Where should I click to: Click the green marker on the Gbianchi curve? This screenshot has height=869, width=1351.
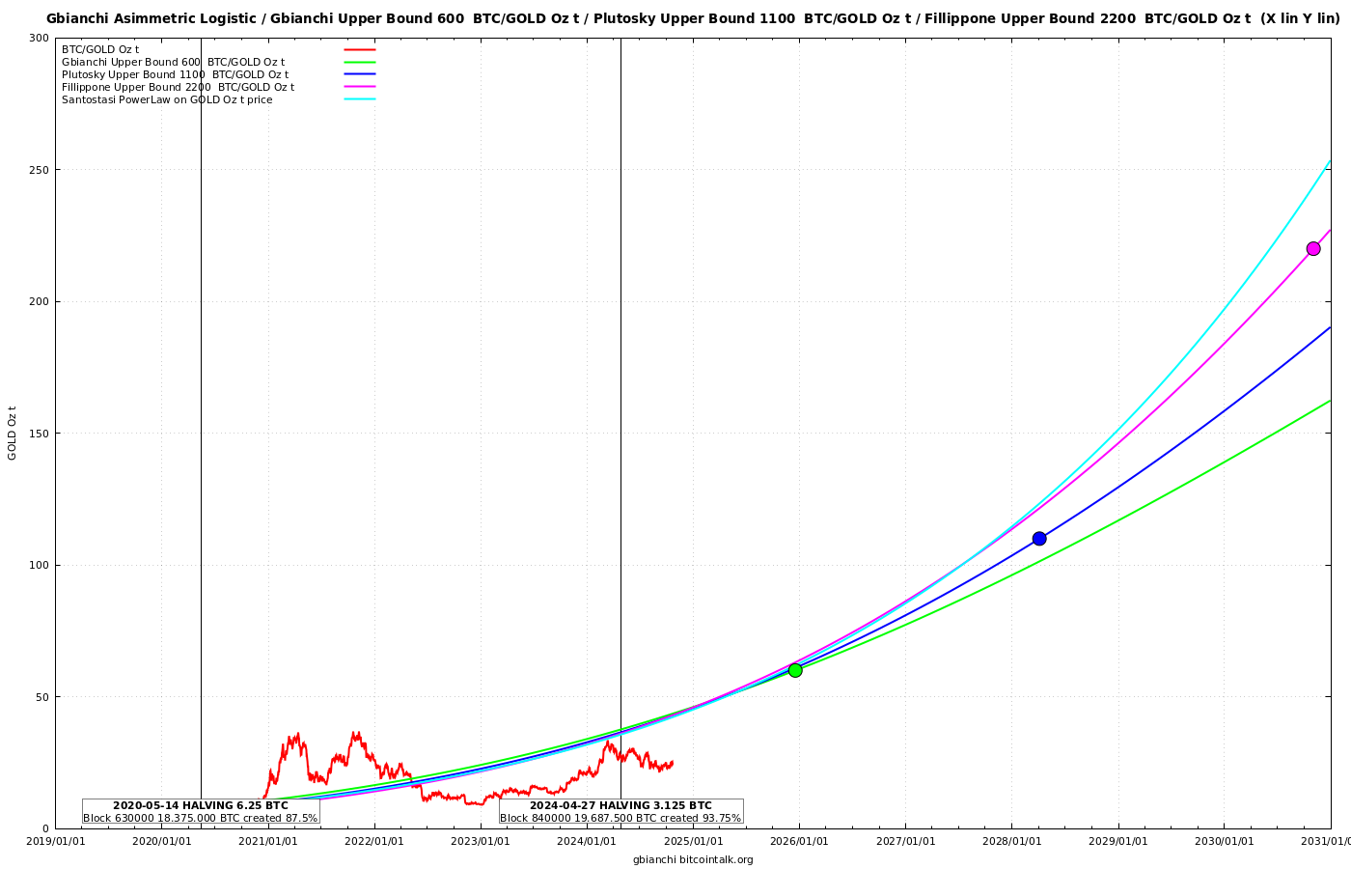(795, 670)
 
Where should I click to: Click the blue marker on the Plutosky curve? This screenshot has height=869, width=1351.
(1039, 539)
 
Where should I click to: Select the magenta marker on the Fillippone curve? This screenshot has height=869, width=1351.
(1313, 248)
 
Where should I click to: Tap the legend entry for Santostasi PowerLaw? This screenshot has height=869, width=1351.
(167, 99)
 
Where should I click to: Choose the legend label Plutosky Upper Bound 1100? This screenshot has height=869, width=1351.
(175, 74)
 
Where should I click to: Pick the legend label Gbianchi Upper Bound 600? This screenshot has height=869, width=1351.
(173, 62)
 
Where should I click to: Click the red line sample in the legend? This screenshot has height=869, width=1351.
(360, 49)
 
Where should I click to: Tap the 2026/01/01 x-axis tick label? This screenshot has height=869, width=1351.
(799, 841)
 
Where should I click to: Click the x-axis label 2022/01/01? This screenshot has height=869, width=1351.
(374, 841)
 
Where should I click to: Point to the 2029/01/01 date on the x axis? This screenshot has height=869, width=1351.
(1118, 841)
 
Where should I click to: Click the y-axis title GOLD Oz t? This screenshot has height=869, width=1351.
(13, 434)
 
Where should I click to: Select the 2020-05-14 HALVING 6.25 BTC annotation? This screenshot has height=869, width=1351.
(201, 805)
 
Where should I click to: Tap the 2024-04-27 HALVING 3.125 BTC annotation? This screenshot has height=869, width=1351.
(620, 805)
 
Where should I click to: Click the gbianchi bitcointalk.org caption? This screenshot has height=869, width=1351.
(693, 859)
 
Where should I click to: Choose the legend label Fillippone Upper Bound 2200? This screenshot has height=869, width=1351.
(178, 87)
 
